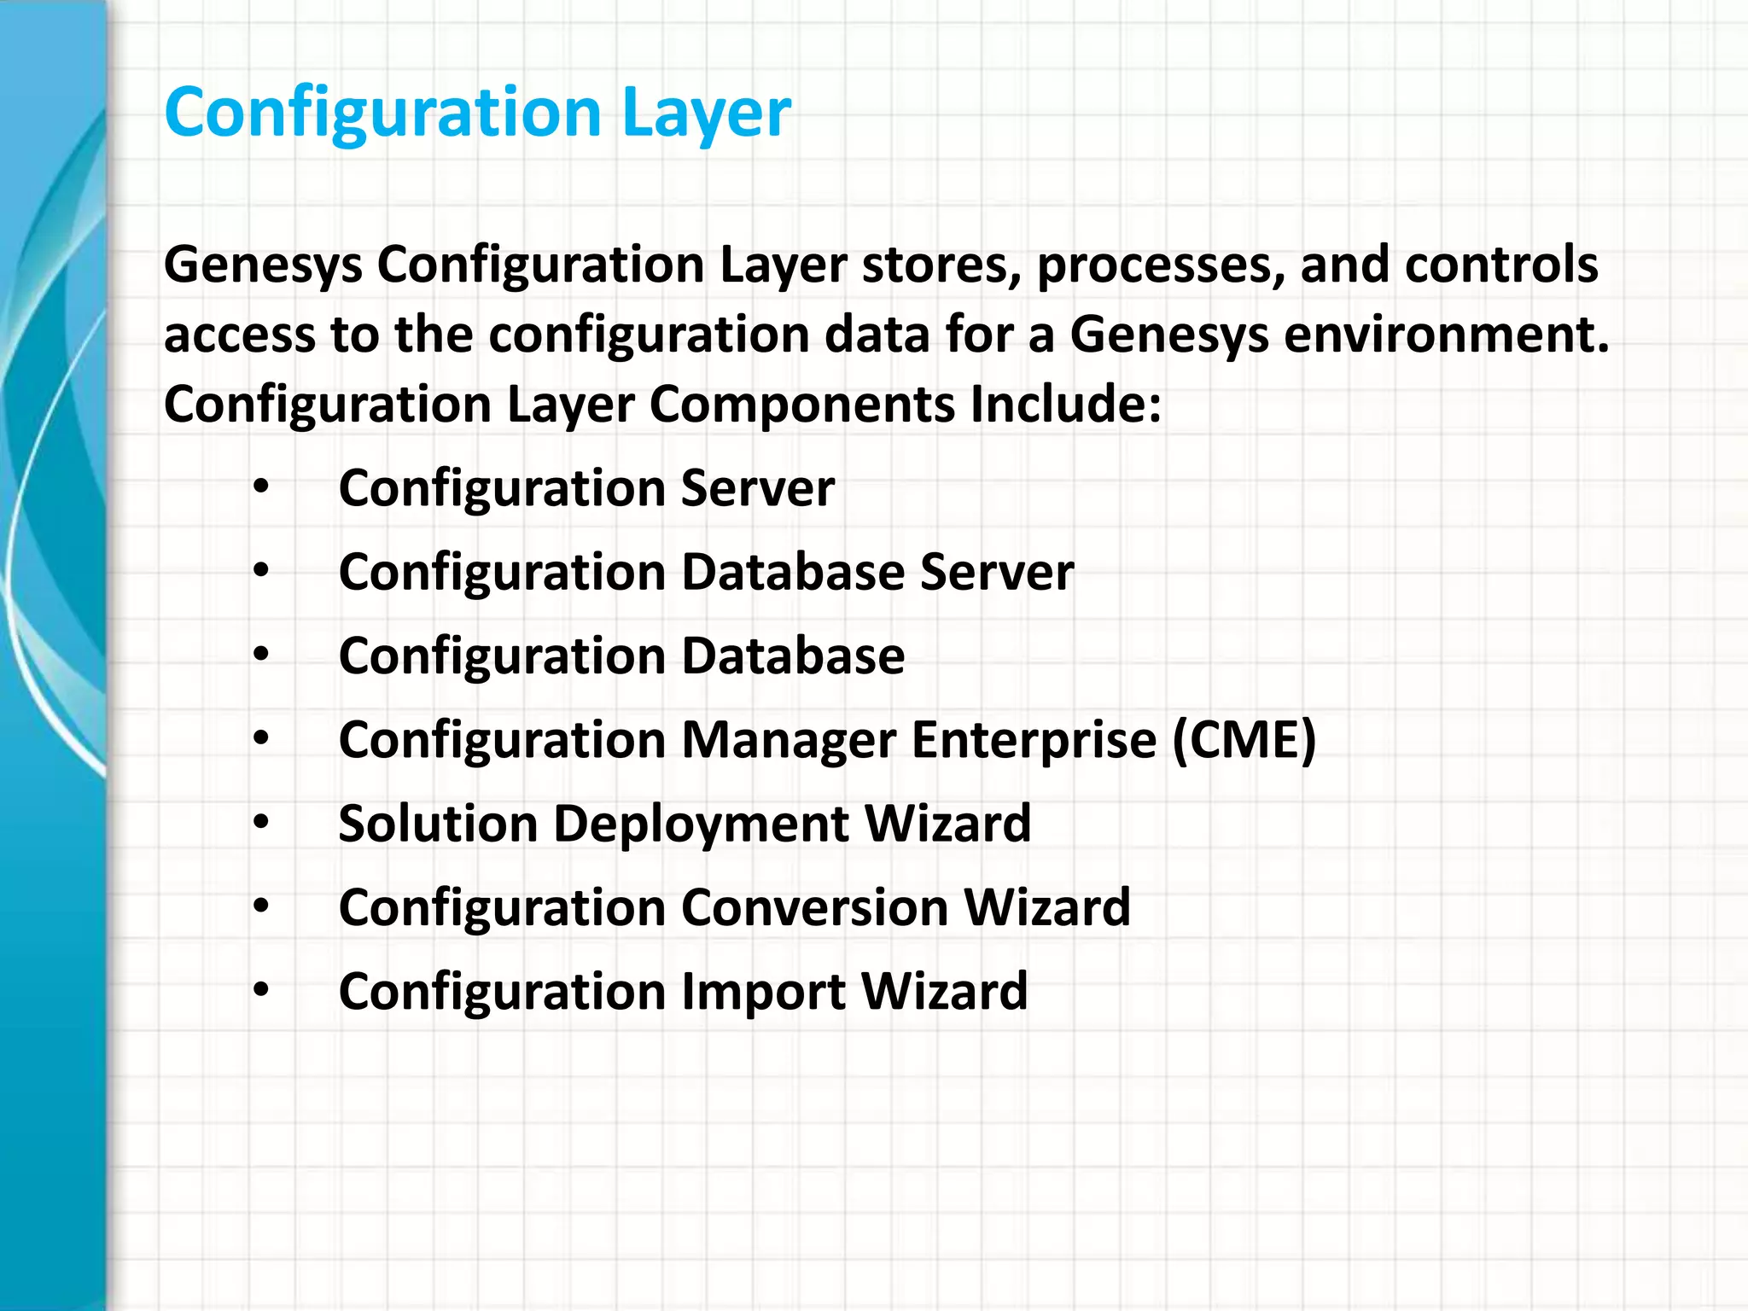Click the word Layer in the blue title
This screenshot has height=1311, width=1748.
tap(707, 114)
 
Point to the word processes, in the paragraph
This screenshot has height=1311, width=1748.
tap(1161, 266)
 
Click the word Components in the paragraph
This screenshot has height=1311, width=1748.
tap(801, 405)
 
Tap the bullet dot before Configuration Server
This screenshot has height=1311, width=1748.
tap(261, 488)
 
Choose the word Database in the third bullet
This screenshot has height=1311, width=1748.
tap(793, 655)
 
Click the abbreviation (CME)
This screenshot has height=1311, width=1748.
tap(1244, 739)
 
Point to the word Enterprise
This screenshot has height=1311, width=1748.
tap(1034, 741)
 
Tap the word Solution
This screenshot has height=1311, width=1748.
tap(438, 824)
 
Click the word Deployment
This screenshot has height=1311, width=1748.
tap(701, 825)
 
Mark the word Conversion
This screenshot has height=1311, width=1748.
tap(814, 907)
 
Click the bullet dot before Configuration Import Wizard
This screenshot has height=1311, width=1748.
tap(261, 990)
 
